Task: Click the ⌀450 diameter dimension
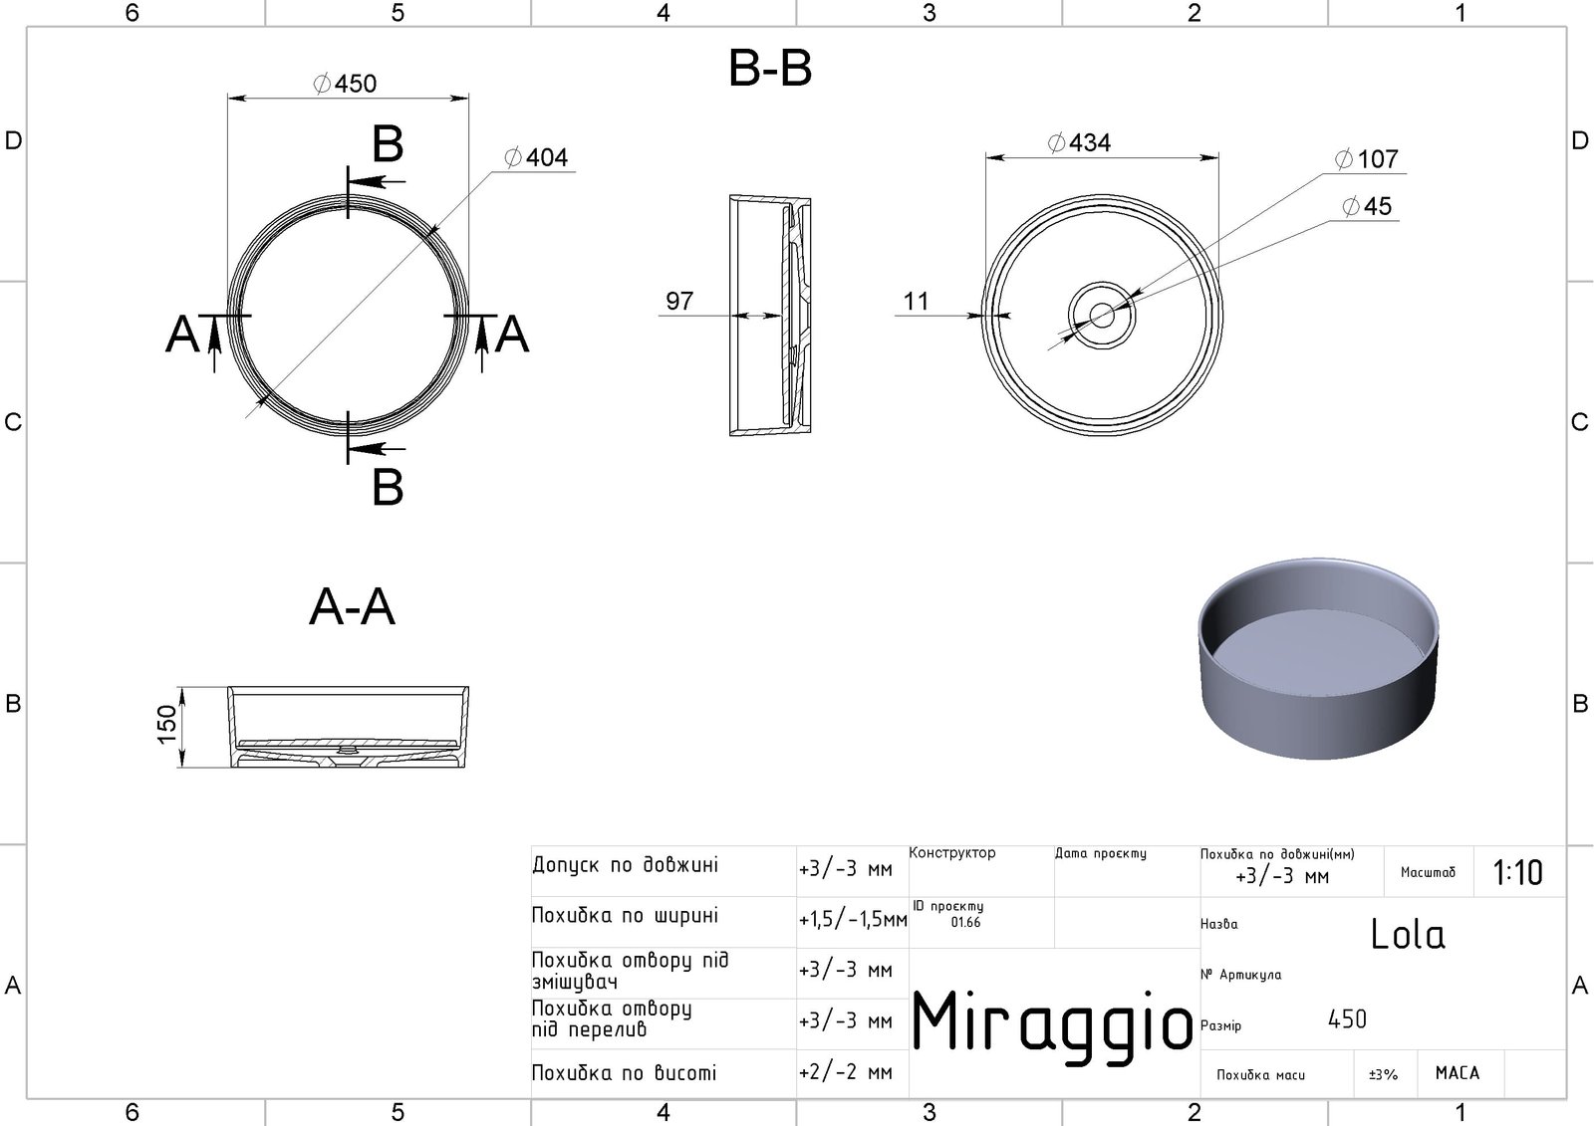345,84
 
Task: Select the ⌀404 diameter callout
536,157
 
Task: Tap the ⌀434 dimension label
1079,143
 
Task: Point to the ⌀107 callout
1366,159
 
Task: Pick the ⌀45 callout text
1367,206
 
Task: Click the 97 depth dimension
679,301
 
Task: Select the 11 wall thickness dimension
916,301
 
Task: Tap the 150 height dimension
167,719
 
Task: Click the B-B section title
770,69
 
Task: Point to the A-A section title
353,606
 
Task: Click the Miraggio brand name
1053,1022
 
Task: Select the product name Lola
1408,934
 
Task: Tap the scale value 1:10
1517,873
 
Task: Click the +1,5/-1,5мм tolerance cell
853,920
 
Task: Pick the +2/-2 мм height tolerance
846,1073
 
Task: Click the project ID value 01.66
965,923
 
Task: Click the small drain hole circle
1102,316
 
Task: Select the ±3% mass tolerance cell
1383,1074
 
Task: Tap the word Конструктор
952,853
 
